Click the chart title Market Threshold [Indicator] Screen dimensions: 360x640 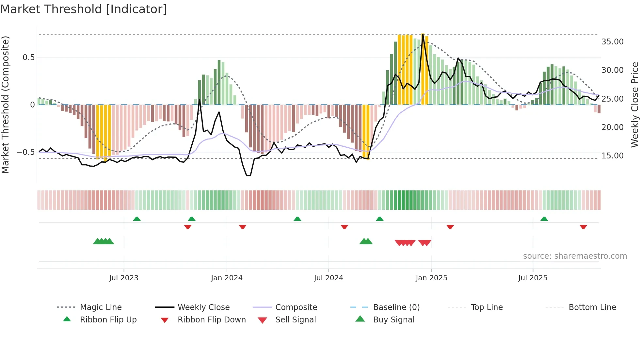84,9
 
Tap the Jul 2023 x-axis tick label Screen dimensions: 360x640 124,278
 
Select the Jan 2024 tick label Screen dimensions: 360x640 227,278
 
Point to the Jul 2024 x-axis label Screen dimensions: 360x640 328,278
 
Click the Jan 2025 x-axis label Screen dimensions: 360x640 431,278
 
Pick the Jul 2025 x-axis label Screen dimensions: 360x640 533,278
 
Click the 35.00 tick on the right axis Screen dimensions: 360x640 612,42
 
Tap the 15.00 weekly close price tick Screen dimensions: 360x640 612,156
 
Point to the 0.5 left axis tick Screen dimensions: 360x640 28,57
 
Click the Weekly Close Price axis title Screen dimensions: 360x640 634,105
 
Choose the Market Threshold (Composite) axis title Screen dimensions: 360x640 5,105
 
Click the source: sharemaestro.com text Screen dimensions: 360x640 575,256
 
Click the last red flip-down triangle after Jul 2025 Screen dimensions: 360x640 583,227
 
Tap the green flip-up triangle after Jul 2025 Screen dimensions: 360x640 544,219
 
